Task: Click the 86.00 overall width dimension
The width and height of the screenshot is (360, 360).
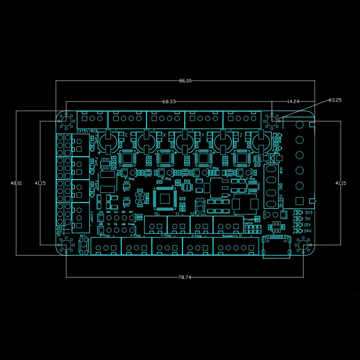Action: [x=185, y=81]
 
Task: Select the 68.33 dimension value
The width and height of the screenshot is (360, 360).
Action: [x=169, y=102]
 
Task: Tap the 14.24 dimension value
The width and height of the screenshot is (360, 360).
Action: [x=293, y=102]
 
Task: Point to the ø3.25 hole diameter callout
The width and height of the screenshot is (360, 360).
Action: [x=335, y=100]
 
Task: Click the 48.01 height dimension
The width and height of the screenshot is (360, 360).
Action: [x=16, y=183]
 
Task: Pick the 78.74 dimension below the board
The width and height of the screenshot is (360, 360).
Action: [x=185, y=277]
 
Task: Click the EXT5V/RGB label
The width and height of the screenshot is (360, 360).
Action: [x=87, y=131]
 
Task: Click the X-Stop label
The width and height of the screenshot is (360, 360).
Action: [x=135, y=236]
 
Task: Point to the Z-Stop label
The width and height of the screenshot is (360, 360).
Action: [x=197, y=236]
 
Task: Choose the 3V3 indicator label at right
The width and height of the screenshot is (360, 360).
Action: [x=309, y=213]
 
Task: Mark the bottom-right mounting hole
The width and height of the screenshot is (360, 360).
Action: [x=304, y=245]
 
